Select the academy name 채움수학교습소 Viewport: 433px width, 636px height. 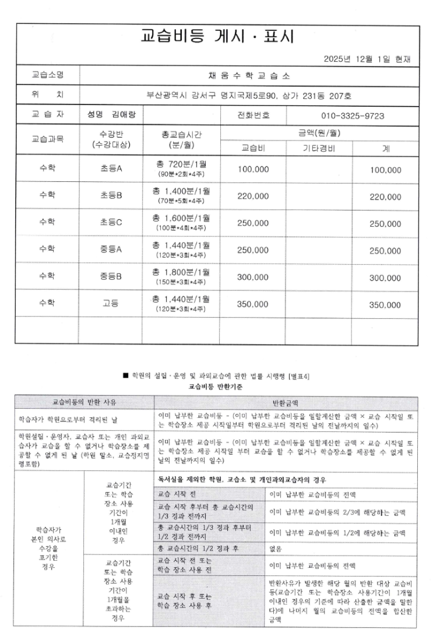(x=249, y=76)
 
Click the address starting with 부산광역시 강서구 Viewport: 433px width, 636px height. (x=249, y=95)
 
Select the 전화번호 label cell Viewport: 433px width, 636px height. (x=254, y=115)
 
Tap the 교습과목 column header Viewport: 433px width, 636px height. (x=47, y=139)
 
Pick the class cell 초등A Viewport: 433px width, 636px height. (x=111, y=169)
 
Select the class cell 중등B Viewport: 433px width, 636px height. (x=111, y=277)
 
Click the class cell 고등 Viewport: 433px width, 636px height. (x=111, y=304)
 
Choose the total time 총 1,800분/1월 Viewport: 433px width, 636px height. (x=181, y=272)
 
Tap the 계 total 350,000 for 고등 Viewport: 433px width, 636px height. (x=385, y=304)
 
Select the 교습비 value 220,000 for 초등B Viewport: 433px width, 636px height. (x=253, y=196)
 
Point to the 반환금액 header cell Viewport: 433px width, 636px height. (x=285, y=402)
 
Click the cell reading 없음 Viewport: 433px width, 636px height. (x=276, y=549)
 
